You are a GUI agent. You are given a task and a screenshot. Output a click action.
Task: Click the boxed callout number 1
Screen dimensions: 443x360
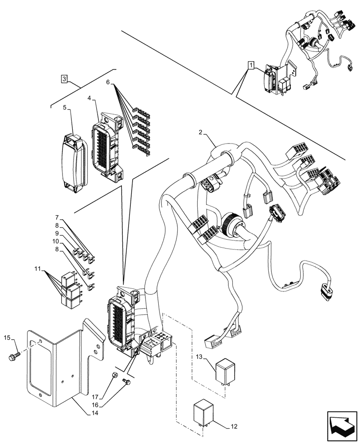click(x=251, y=66)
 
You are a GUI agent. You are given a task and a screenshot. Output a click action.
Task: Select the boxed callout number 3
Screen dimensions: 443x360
click(x=65, y=79)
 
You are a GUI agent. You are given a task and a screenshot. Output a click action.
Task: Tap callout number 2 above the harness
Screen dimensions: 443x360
click(x=200, y=133)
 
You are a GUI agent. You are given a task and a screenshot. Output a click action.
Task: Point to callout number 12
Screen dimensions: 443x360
click(x=235, y=427)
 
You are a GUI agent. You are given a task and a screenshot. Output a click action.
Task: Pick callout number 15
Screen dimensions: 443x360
click(x=7, y=339)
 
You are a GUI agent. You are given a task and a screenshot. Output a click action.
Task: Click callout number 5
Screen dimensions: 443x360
click(x=65, y=108)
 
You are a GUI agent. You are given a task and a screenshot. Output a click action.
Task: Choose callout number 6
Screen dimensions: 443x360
click(x=108, y=82)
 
